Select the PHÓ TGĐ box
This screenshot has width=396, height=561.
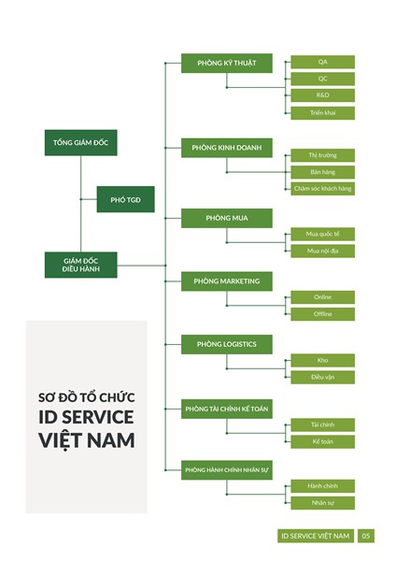(x=125, y=199)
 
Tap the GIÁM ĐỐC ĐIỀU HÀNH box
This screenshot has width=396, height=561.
(x=81, y=265)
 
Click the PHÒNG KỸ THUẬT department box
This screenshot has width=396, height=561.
(x=227, y=64)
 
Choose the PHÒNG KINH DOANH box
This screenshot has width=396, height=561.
(x=227, y=148)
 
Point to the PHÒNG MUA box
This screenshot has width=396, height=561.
(x=227, y=218)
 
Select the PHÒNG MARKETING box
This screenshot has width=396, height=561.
(x=227, y=280)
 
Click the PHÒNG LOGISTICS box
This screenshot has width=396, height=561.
(x=227, y=344)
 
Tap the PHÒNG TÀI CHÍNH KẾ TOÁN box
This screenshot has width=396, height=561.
(x=227, y=409)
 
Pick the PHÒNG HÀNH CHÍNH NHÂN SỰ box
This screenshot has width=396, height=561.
(x=227, y=470)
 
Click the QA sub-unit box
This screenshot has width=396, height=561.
(x=322, y=62)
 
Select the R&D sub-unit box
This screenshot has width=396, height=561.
(x=322, y=95)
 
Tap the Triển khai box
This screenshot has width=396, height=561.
(x=322, y=112)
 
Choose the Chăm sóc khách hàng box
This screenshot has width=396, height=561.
(x=322, y=188)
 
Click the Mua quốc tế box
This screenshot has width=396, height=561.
(x=322, y=234)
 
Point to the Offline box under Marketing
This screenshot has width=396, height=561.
(x=322, y=314)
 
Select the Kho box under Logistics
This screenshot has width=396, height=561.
(x=322, y=360)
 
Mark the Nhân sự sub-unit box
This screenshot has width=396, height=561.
(x=322, y=503)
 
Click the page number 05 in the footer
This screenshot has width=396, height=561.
(x=366, y=536)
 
